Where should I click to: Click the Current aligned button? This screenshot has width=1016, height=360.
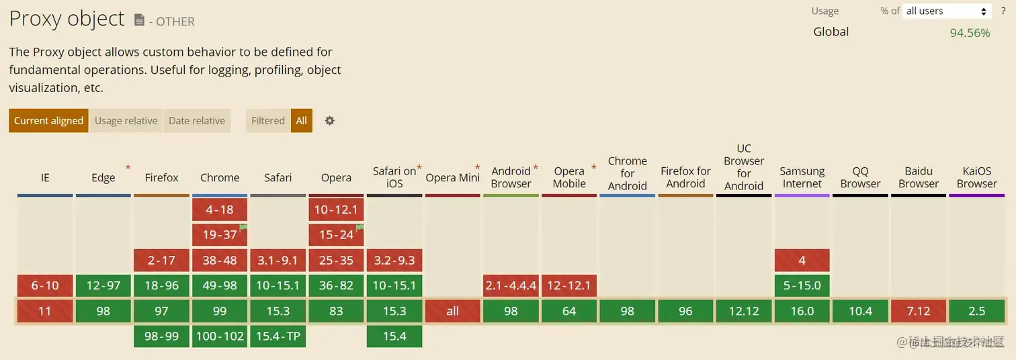pyautogui.click(x=48, y=121)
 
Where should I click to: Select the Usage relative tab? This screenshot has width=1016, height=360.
pyautogui.click(x=126, y=121)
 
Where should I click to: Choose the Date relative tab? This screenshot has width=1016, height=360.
pyautogui.click(x=197, y=121)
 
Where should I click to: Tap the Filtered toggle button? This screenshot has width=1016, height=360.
pyautogui.click(x=268, y=121)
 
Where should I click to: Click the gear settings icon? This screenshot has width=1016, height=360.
pyautogui.click(x=329, y=121)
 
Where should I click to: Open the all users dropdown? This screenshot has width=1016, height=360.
pyautogui.click(x=947, y=11)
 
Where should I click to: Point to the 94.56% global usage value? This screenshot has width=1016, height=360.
pyautogui.click(x=970, y=33)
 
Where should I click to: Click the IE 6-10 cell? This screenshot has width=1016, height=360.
pyautogui.click(x=45, y=285)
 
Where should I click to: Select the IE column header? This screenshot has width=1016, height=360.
pyautogui.click(x=45, y=178)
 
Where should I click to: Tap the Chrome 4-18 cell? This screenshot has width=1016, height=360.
pyautogui.click(x=220, y=210)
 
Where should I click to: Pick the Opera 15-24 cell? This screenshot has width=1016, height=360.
pyautogui.click(x=336, y=235)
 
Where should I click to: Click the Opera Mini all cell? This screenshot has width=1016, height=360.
pyautogui.click(x=453, y=311)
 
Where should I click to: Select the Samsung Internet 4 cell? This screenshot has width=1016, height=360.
pyautogui.click(x=802, y=261)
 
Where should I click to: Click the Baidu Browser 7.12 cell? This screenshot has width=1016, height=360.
pyautogui.click(x=919, y=311)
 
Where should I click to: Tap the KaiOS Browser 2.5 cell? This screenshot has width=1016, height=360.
pyautogui.click(x=976, y=311)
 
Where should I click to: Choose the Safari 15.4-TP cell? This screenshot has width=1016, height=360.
pyautogui.click(x=278, y=336)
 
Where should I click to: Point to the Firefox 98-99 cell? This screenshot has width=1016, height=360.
pyautogui.click(x=161, y=336)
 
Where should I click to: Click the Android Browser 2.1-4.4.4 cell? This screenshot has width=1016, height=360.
pyautogui.click(x=511, y=285)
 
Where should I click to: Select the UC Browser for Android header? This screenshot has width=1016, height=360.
pyautogui.click(x=744, y=167)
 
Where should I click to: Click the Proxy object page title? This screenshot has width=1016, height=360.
pyautogui.click(x=67, y=19)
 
